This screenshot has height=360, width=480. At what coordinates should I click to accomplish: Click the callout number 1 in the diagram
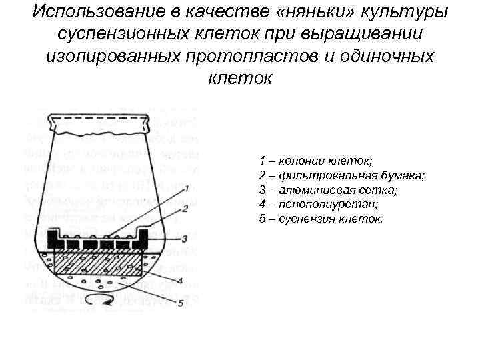[189, 188]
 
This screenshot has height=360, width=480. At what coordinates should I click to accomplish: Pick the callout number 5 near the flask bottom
[181, 305]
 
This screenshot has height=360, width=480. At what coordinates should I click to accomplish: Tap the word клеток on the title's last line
[240, 78]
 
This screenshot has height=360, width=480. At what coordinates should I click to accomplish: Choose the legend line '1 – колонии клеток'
[316, 161]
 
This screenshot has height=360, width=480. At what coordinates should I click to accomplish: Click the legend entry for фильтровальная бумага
[341, 175]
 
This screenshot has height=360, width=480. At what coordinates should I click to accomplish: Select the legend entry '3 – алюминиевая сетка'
[328, 190]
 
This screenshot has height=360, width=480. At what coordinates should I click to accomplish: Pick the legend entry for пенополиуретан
[319, 204]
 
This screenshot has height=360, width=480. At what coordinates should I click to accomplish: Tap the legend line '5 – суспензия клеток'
[321, 219]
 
